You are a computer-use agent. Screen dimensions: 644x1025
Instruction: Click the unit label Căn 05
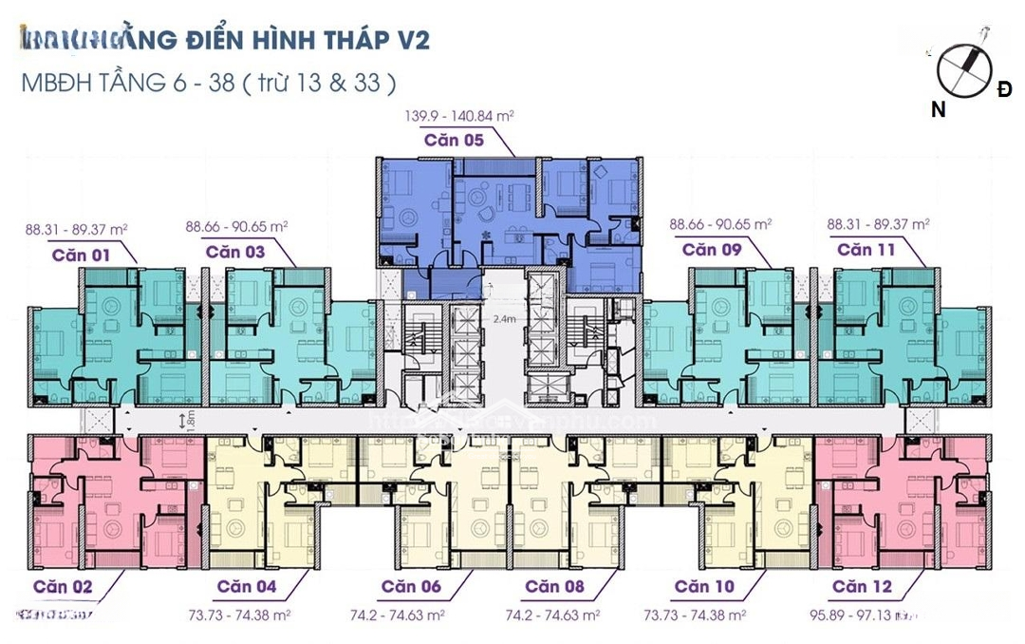pyautogui.click(x=454, y=141)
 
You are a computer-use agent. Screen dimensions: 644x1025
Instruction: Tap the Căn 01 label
pyautogui.click(x=82, y=255)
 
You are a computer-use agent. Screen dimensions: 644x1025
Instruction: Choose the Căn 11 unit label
pyautogui.click(x=867, y=250)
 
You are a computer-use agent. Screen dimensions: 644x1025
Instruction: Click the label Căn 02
pyautogui.click(x=63, y=586)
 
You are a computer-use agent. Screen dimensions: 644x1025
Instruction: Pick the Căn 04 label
pyautogui.click(x=247, y=586)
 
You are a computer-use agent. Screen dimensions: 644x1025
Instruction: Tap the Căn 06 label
pyautogui.click(x=411, y=586)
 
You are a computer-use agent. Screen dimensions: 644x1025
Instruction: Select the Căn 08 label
pyautogui.click(x=555, y=586)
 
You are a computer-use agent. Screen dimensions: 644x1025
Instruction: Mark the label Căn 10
pyautogui.click(x=704, y=586)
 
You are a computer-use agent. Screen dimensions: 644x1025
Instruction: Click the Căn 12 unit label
pyautogui.click(x=864, y=586)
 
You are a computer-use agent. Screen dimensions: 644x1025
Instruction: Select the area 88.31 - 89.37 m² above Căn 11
pyautogui.click(x=878, y=225)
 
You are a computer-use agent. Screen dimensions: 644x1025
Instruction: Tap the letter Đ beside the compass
pyautogui.click(x=1004, y=89)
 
